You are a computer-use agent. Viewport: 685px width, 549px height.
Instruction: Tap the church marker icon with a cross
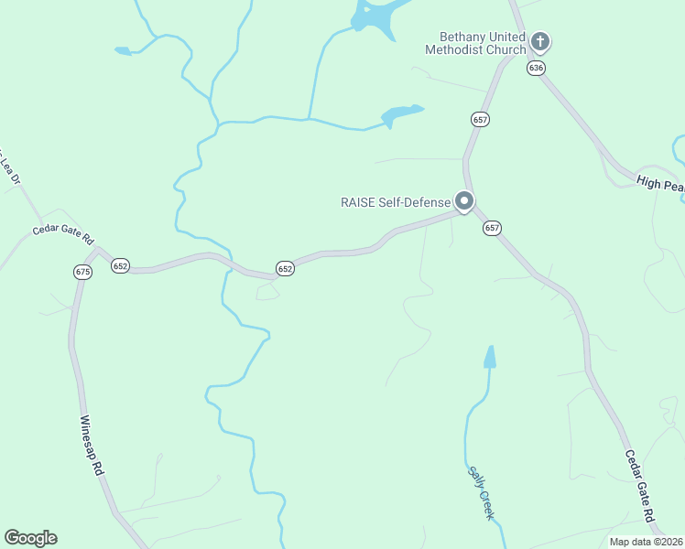(x=540, y=41)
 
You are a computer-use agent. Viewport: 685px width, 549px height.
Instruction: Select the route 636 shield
(x=537, y=69)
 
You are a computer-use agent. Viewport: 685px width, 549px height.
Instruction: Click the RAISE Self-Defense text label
(x=397, y=202)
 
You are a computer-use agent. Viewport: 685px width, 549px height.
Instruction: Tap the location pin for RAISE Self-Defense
(x=464, y=200)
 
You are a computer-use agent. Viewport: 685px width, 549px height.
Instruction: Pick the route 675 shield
(x=83, y=272)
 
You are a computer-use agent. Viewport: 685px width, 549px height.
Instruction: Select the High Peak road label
(x=660, y=185)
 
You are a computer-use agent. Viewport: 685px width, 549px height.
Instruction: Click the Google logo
(x=30, y=538)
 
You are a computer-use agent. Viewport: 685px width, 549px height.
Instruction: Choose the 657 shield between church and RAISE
(x=480, y=120)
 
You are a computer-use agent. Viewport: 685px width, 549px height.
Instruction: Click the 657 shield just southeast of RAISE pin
(x=493, y=228)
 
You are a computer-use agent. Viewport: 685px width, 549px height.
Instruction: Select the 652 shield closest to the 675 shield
(x=121, y=265)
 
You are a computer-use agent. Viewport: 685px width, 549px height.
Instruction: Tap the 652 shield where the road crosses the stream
(x=285, y=269)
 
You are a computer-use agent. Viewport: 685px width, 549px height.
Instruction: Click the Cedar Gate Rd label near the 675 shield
(x=63, y=234)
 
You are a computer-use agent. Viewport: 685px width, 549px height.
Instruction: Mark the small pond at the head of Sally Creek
(x=490, y=357)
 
